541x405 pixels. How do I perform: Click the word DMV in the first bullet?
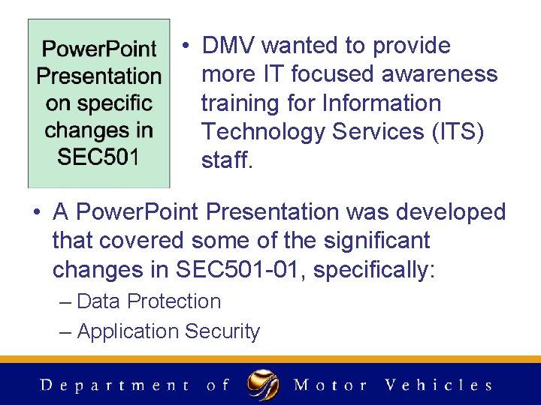click(x=229, y=46)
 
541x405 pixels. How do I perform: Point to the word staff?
click(x=226, y=160)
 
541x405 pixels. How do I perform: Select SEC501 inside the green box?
click(x=98, y=157)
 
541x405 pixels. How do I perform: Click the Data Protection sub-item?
click(x=149, y=301)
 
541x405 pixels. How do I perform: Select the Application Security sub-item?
click(x=168, y=331)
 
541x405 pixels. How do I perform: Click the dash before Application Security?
click(x=65, y=331)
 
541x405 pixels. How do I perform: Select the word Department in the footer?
click(x=114, y=385)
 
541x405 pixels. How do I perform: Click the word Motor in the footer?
click(x=331, y=385)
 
